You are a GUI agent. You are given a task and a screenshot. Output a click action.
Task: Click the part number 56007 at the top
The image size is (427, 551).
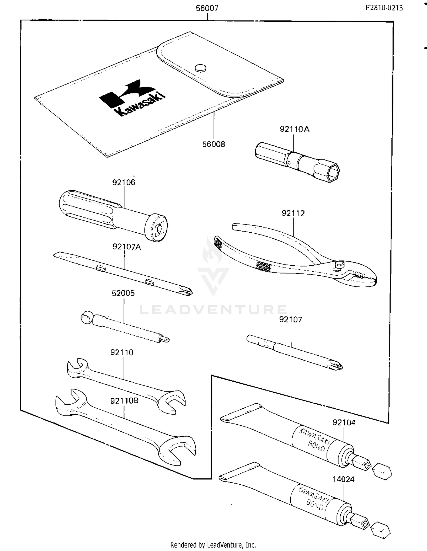click(x=207, y=8)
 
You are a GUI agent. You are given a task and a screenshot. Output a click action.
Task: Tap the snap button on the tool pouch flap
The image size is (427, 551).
click(x=200, y=68)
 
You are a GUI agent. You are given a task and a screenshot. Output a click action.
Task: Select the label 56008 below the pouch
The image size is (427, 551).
click(x=213, y=144)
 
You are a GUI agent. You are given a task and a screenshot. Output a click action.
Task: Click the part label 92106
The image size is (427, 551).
click(x=124, y=183)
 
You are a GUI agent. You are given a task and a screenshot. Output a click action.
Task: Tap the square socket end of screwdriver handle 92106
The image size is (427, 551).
click(x=159, y=228)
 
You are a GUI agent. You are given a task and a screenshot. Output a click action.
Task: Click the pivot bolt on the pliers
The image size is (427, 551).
click(x=339, y=265)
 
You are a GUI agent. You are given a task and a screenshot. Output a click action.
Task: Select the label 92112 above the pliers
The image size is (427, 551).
click(x=293, y=213)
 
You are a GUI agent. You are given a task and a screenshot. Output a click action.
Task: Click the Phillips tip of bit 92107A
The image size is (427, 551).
click(x=186, y=291)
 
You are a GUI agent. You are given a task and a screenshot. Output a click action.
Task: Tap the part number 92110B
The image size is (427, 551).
click(x=124, y=401)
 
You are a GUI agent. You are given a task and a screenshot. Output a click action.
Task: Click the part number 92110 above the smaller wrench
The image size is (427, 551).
click(x=122, y=353)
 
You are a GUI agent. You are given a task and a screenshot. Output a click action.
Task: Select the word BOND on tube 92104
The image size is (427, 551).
click(x=316, y=446)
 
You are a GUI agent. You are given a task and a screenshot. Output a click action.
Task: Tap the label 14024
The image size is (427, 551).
click(x=343, y=480)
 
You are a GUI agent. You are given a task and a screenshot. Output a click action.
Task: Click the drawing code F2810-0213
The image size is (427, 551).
click(x=384, y=8)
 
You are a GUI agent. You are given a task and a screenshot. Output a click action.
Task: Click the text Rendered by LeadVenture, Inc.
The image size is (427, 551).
click(x=213, y=545)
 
